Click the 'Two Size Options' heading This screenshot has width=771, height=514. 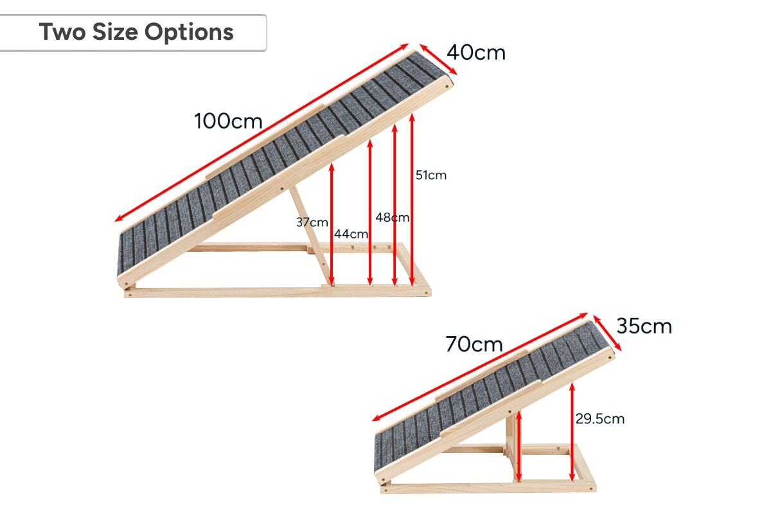point(136,31)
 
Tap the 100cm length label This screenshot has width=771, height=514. point(228,121)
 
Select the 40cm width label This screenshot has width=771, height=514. point(476,53)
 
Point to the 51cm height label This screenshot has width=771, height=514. point(430,175)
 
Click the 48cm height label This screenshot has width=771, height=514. point(392,217)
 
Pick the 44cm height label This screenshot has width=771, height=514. point(351,234)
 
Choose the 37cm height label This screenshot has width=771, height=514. point(312,222)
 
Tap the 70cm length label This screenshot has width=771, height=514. point(474,344)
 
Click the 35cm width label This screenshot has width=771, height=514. point(644,326)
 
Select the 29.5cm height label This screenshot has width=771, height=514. point(599,419)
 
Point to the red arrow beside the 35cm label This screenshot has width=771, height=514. point(607,333)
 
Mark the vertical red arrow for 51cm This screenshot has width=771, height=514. point(412,199)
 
